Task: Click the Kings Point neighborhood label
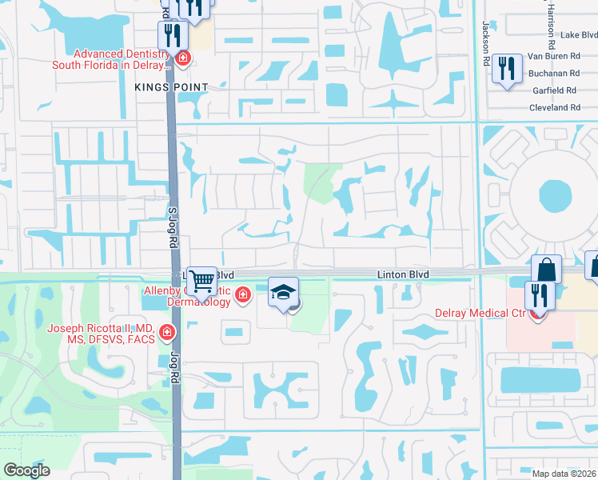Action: tap(171, 86)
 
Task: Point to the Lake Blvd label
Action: tap(579, 34)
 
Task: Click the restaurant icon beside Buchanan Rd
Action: tap(507, 68)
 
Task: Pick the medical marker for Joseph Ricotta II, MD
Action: tap(167, 331)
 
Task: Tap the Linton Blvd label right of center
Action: tap(404, 274)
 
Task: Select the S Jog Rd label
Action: tap(170, 220)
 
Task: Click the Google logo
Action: tap(26, 470)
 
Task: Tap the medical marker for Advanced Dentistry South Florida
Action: tap(182, 58)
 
